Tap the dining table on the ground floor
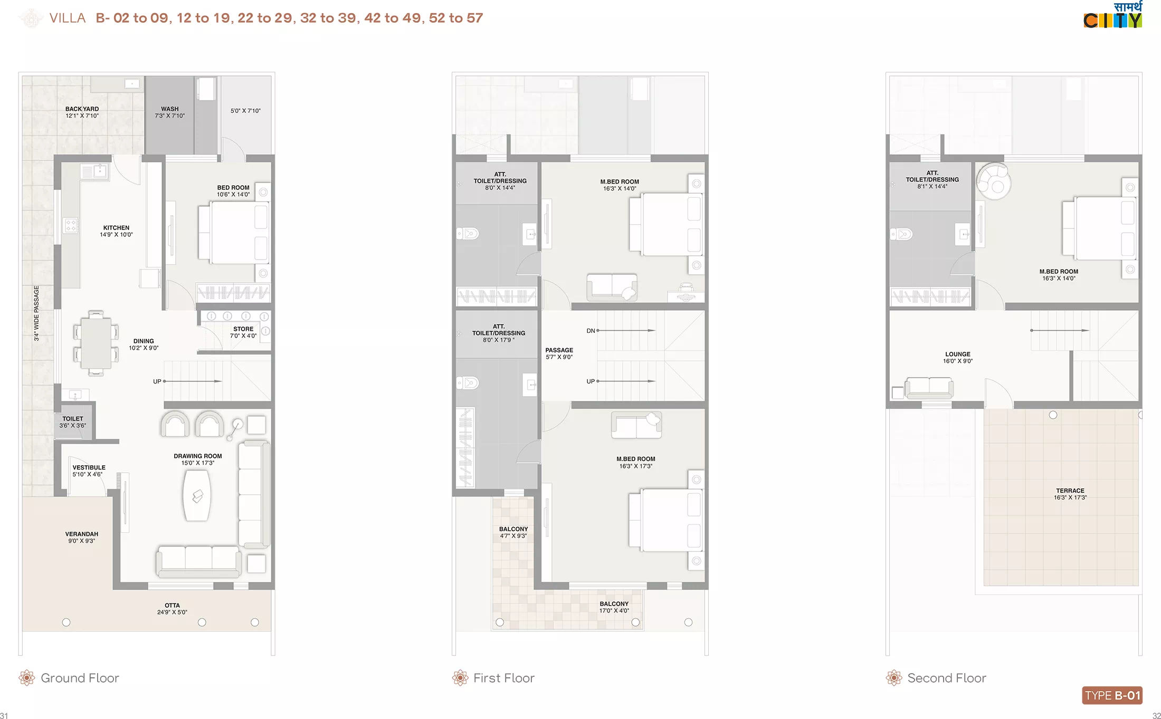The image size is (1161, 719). pyautogui.click(x=96, y=343)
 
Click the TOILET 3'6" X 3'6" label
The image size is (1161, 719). pyautogui.click(x=73, y=422)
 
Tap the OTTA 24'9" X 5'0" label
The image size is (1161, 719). pyautogui.click(x=172, y=609)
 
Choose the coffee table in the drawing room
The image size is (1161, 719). pyautogui.click(x=197, y=495)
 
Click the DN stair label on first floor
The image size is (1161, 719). pyautogui.click(x=591, y=331)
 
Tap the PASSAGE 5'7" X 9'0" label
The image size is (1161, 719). pyautogui.click(x=559, y=353)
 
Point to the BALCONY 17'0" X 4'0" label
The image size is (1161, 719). pyautogui.click(x=614, y=607)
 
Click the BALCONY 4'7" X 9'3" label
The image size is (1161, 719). pyautogui.click(x=513, y=532)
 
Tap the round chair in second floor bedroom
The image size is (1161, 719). pyautogui.click(x=994, y=181)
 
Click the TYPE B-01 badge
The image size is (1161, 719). pyautogui.click(x=1112, y=695)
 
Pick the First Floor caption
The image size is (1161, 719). pyautogui.click(x=504, y=678)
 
